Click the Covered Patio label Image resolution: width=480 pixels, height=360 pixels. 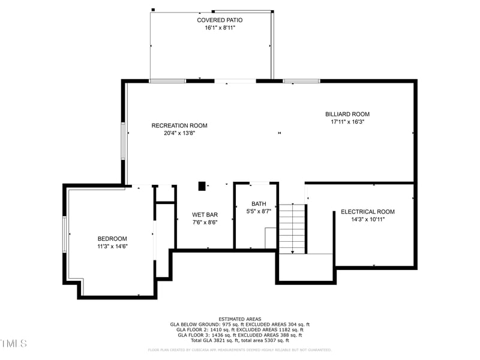pos(220,20)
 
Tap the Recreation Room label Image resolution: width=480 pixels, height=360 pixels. pos(179,125)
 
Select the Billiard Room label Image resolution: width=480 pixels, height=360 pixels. pos(347,114)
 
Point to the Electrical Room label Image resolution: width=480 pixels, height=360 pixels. pos(367,212)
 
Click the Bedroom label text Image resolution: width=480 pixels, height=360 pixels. pos(112,238)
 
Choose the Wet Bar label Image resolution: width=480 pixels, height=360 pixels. pos(205,215)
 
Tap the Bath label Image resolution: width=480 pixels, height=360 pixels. pos(259,204)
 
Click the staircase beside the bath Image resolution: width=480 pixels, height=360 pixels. pos(292,229)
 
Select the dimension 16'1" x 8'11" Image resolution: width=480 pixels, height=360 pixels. pos(220,28)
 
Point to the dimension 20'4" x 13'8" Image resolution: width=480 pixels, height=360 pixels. pos(179,133)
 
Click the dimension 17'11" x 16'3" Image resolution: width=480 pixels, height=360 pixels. pos(347,122)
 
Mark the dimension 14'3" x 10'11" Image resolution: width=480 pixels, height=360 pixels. pos(367,220)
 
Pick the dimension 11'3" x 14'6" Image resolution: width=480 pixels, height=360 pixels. pos(112,246)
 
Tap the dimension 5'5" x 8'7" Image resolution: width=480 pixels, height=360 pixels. pos(259,212)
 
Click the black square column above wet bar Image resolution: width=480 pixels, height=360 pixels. pos(202,186)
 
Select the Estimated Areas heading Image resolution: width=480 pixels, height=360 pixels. pos(239,319)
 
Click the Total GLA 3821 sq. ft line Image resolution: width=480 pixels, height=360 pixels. pos(239,340)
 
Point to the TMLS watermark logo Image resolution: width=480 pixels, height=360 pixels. pos(13,343)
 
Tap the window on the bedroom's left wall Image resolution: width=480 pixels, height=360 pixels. pos(64,234)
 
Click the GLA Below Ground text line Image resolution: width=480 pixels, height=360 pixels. pos(239,324)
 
